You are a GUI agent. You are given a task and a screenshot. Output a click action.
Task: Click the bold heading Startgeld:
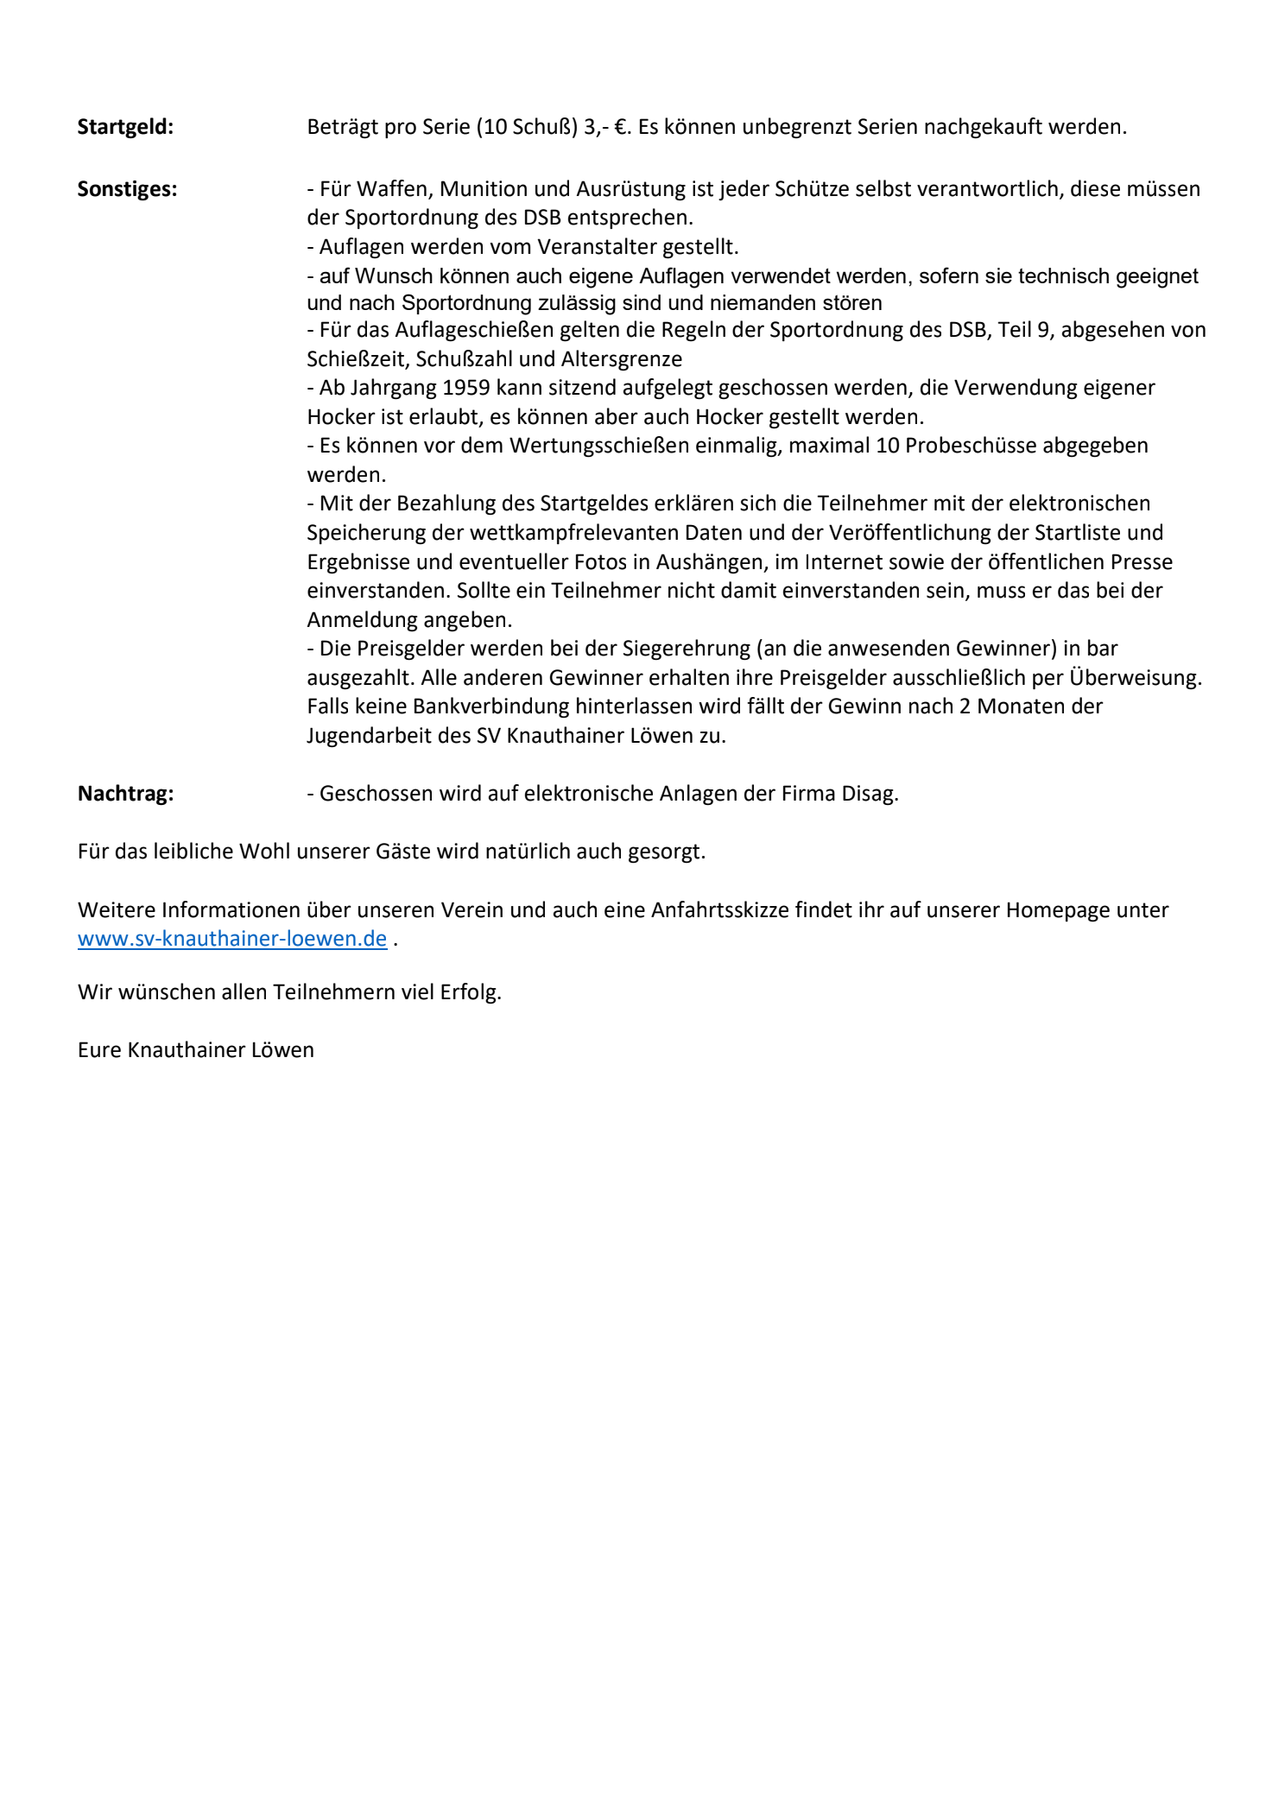click(125, 127)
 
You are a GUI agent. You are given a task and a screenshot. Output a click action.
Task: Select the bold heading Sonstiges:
click(127, 189)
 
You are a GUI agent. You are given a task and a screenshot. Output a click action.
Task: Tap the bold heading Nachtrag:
click(125, 794)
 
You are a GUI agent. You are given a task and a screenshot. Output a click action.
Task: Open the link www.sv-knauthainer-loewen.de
click(231, 939)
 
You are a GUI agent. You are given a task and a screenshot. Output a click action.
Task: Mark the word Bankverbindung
click(491, 706)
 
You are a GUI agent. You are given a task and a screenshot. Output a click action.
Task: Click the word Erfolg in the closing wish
click(470, 992)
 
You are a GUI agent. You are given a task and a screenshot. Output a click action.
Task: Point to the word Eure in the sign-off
click(99, 1050)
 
